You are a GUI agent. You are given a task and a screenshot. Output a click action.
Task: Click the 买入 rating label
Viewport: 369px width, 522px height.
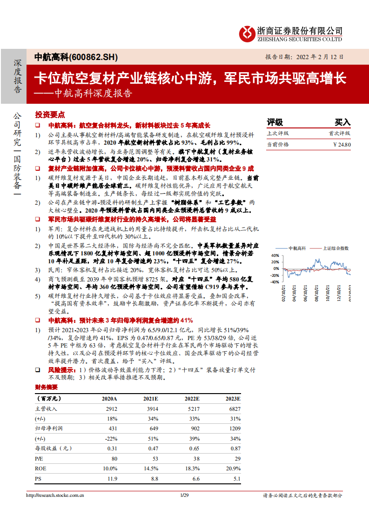342,122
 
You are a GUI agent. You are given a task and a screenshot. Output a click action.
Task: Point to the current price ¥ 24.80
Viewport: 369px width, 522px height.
342,144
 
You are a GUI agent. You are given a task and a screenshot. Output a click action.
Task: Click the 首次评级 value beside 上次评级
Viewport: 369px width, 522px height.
339,133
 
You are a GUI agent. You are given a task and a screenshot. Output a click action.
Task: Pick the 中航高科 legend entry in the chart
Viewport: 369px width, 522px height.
296,248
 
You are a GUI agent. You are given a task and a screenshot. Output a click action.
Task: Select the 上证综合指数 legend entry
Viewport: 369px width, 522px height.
335,248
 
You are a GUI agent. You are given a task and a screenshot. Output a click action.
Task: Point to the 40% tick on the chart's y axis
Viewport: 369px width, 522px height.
274,255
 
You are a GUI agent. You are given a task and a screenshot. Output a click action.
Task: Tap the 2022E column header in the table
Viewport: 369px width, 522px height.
192,399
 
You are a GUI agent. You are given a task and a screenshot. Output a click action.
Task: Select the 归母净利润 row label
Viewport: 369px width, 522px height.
49,428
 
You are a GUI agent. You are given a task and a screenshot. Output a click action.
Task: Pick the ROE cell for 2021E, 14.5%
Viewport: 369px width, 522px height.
151,468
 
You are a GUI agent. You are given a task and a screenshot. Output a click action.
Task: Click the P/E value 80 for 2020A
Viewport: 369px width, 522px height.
112,458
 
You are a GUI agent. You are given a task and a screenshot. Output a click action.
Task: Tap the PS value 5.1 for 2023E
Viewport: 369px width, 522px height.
237,478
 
